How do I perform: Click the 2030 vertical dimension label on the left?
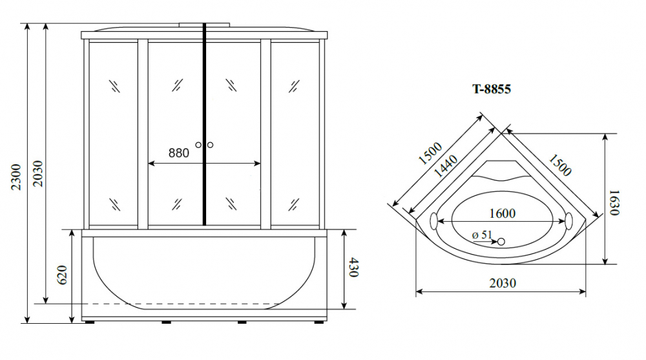click(38, 173)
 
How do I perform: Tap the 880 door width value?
click(179, 153)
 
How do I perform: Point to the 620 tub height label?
click(62, 275)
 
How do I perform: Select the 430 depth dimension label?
click(354, 267)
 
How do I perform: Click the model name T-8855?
click(492, 89)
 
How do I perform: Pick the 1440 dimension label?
click(446, 165)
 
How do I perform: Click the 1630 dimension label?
click(614, 202)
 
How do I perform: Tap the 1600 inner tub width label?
click(503, 213)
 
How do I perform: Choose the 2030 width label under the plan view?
click(503, 283)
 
